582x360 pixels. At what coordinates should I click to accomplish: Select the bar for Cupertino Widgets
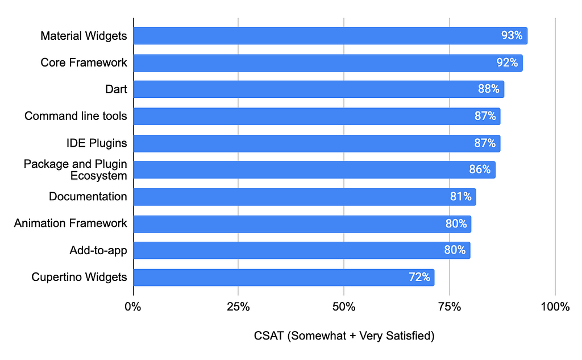(283, 278)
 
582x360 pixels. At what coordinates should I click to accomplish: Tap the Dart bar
(318, 89)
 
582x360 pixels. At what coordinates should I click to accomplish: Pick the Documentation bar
(304, 197)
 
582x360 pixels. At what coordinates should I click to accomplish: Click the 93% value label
(512, 36)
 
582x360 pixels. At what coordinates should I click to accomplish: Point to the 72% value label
(419, 278)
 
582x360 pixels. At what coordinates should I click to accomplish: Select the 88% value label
(488, 89)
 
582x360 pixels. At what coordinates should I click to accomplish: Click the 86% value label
(480, 169)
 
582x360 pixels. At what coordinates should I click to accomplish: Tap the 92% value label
(507, 63)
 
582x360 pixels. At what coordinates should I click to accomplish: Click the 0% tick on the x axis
(133, 307)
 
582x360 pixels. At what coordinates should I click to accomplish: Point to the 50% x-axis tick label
(344, 307)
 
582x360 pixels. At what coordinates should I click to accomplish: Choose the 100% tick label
(555, 307)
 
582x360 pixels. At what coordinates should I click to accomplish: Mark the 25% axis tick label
(238, 307)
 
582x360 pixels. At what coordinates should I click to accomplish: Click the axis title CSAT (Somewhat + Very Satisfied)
(344, 336)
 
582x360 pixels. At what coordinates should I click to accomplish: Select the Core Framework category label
(84, 63)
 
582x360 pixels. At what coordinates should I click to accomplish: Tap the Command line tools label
(76, 116)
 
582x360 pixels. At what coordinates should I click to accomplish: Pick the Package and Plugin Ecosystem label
(76, 169)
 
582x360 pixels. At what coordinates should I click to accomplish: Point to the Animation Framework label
(70, 224)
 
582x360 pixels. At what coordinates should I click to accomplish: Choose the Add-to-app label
(98, 250)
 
